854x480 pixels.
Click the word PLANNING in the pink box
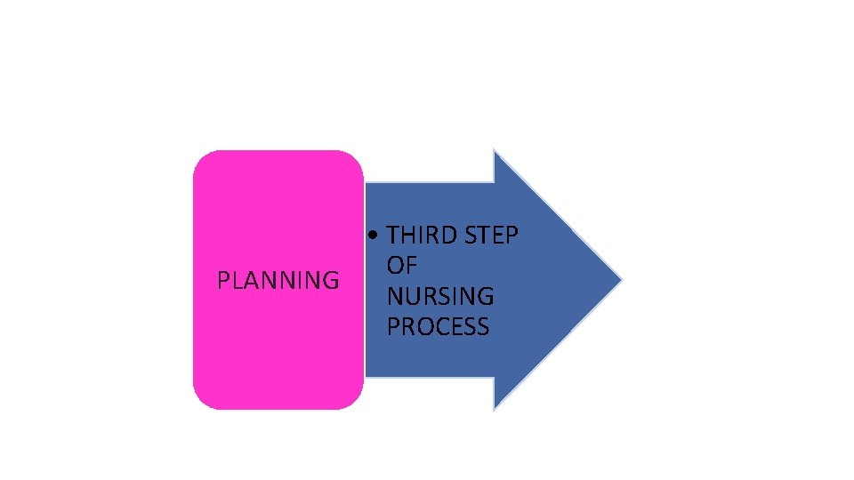click(x=278, y=281)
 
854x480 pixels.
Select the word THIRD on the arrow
click(x=420, y=236)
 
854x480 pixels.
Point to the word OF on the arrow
click(x=402, y=266)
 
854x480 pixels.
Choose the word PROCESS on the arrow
click(x=438, y=326)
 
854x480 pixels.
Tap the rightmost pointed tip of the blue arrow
click(x=620, y=280)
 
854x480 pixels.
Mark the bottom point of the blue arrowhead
click(x=495, y=408)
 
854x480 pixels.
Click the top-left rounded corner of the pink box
click(x=201, y=158)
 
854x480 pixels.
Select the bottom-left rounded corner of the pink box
click(x=201, y=402)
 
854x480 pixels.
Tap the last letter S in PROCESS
click(x=482, y=326)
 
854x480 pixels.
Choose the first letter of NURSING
click(x=394, y=296)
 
